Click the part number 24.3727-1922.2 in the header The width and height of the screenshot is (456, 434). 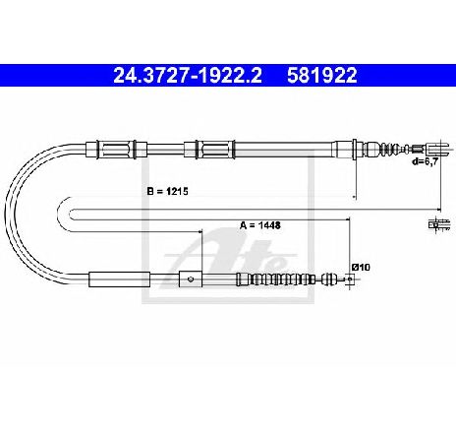pos(188,76)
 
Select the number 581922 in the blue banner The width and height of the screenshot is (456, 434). pos(321,76)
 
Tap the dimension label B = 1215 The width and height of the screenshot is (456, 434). pos(168,191)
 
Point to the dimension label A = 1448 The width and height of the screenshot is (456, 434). pos(260,225)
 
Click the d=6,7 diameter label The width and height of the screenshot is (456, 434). pos(426,161)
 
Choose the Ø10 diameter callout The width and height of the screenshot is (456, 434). pos(361,268)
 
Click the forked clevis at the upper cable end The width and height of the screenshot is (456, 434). pos(435,150)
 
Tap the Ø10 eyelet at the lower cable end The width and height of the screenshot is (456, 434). pos(350,279)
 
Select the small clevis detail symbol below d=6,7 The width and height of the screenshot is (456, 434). pos(439,224)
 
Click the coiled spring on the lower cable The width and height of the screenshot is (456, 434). pos(279,279)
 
